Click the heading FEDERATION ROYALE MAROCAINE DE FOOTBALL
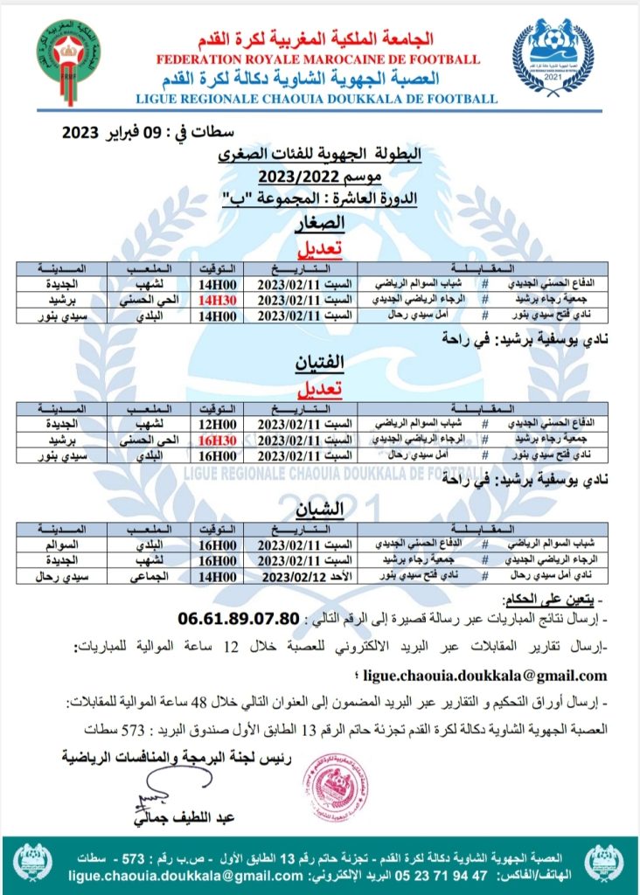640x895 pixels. [x=318, y=59]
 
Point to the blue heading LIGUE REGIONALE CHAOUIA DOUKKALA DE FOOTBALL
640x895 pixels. [x=317, y=99]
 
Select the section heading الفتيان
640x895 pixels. [x=322, y=365]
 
